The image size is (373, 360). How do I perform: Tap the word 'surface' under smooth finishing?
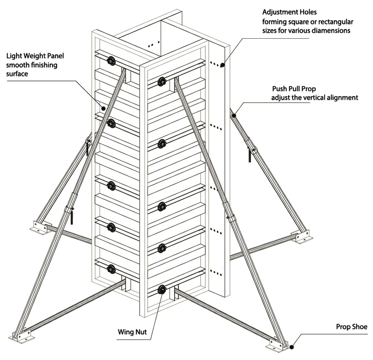pyautogui.click(x=17, y=74)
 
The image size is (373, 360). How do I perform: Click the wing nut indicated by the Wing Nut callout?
pyautogui.click(x=161, y=290)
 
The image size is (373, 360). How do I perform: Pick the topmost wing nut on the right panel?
pyautogui.click(x=162, y=82)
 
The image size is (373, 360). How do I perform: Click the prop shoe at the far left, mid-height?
pyautogui.click(x=39, y=226)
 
